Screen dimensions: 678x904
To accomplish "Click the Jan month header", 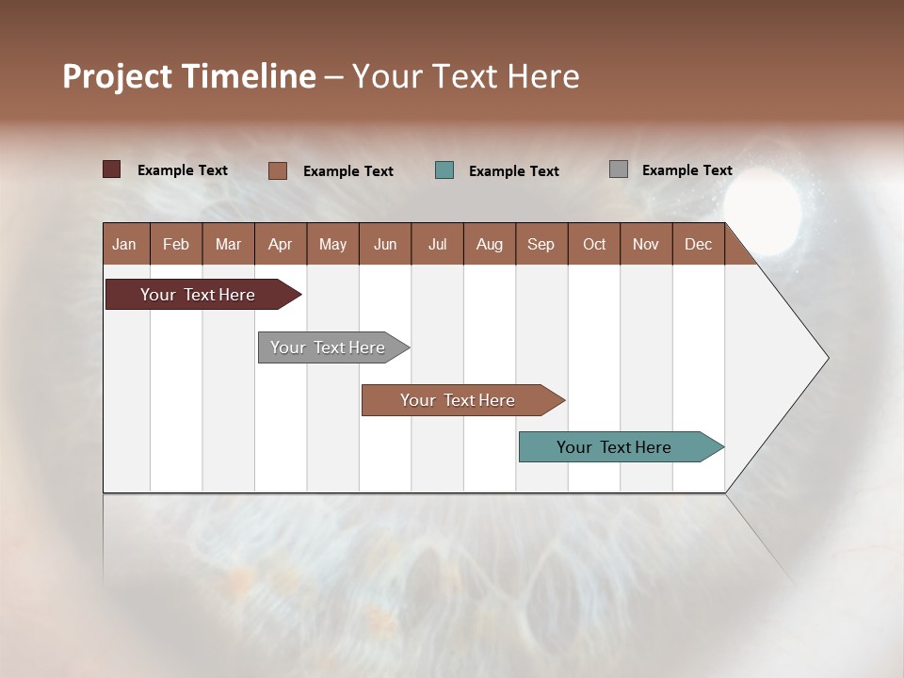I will pos(124,244).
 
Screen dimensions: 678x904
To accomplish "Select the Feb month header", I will pos(176,244).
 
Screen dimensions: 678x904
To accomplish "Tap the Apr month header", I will pos(280,244).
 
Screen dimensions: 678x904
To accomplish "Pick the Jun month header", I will pos(384,244).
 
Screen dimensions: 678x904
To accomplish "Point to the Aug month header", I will pos(489,244).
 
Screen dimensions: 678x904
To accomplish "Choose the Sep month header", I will pos(541,244).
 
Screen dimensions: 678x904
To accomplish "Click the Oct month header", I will pos(593,244).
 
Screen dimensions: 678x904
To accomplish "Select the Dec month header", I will pos(698,244).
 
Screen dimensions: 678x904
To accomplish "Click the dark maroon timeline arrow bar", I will pos(198,295).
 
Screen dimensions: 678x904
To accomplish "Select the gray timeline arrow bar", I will pos(328,347).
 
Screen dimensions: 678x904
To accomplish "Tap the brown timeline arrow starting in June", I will pos(458,400).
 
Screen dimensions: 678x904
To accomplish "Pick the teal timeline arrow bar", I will pos(614,447).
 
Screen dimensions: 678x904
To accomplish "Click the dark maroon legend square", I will pos(112,169).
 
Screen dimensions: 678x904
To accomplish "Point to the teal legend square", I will pos(444,170).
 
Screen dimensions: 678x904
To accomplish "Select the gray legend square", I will pos(619,169).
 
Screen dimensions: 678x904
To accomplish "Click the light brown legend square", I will pos(278,170).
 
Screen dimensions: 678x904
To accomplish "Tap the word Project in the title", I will pos(117,76).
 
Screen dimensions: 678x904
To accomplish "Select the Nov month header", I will pos(645,244).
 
